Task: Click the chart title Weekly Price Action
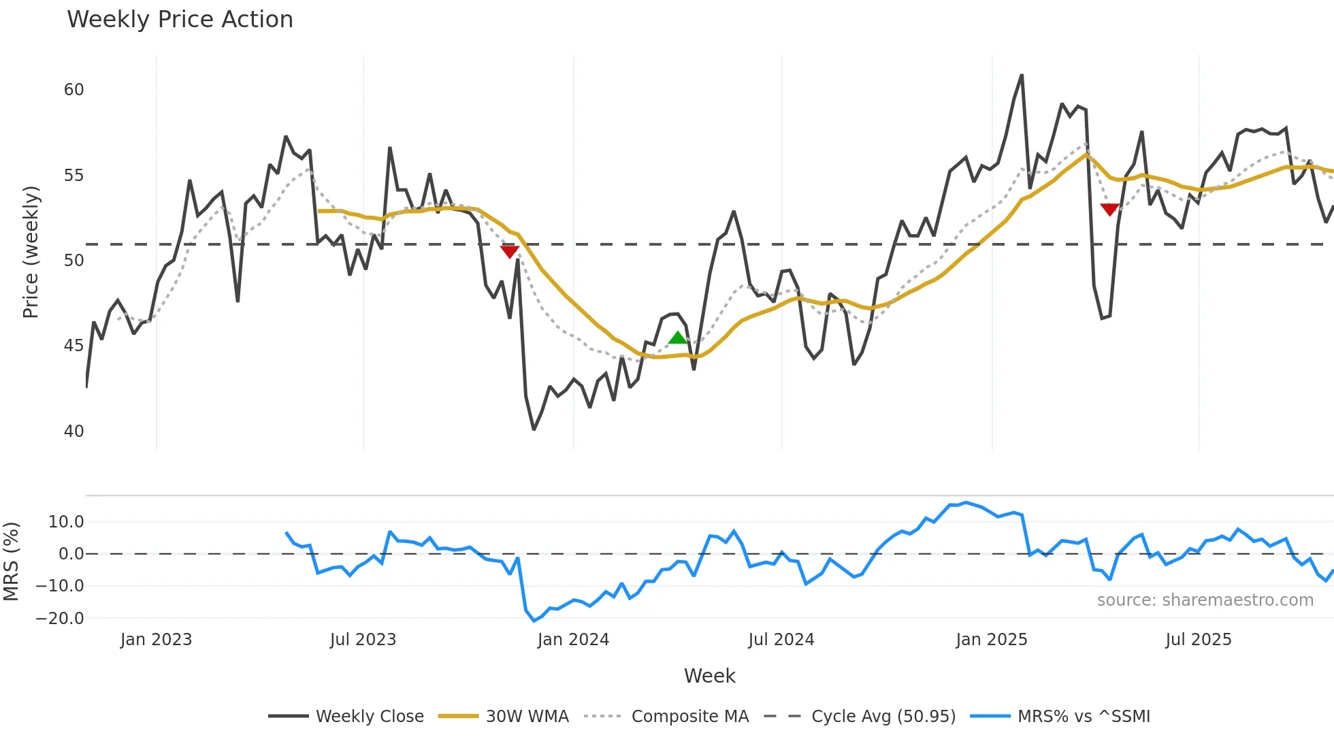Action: (180, 20)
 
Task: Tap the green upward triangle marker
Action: (678, 338)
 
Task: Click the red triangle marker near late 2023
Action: (510, 252)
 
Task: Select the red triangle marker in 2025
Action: (1109, 210)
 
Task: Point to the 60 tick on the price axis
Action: (74, 90)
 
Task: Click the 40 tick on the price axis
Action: (74, 431)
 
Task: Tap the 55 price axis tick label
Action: (74, 176)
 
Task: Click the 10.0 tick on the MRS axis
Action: (66, 522)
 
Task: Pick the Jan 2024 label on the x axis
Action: (573, 640)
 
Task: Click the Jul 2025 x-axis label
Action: (1199, 640)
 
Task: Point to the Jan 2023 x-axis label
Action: (156, 640)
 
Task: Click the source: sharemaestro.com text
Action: (1205, 600)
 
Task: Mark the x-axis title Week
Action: (709, 676)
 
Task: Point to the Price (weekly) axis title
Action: (31, 252)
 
